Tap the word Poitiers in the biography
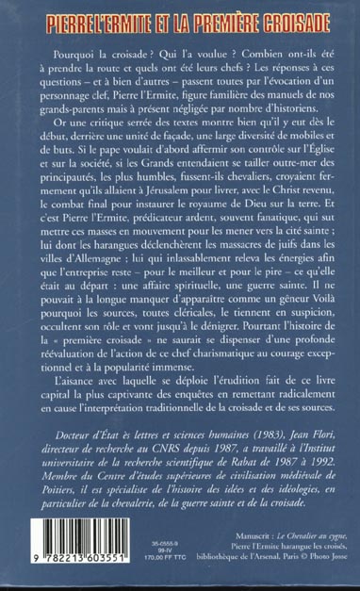click(56, 519)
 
